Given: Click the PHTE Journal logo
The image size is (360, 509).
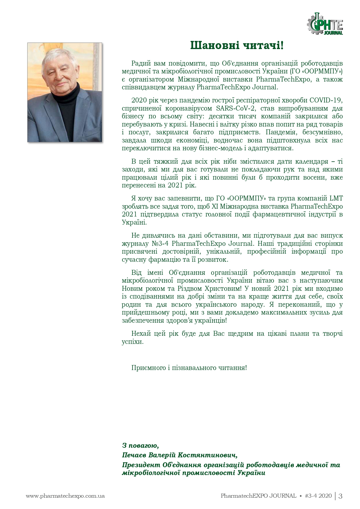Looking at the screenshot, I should [325, 24].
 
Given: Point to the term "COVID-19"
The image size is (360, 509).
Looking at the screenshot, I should [326, 100].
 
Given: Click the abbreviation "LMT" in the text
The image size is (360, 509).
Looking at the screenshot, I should [336, 198].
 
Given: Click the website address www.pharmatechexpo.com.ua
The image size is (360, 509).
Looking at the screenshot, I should [65, 496].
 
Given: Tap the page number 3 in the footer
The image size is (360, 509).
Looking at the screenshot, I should [340, 496].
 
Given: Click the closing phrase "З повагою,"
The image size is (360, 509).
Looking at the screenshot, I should [140, 445].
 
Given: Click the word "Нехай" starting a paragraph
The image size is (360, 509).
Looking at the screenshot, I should [141, 333].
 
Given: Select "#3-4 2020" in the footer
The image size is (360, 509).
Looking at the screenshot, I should [318, 496].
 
